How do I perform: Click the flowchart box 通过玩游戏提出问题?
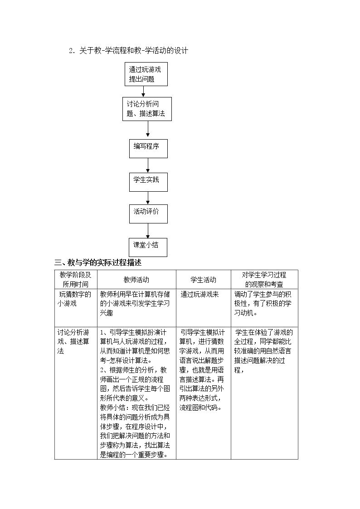[x=146, y=74]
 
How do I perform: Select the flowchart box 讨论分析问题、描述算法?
[x=147, y=109]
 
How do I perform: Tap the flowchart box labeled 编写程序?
[x=148, y=149]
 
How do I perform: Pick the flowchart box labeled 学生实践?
[x=148, y=182]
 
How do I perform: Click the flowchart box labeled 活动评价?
[x=148, y=214]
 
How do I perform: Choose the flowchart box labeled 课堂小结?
[x=148, y=247]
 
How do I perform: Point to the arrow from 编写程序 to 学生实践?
[x=148, y=165]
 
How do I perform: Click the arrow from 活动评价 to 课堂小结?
[x=148, y=231]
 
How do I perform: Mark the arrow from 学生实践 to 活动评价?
[x=148, y=198]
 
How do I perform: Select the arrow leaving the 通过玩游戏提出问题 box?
[x=143, y=92]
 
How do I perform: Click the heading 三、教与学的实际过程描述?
[x=98, y=262]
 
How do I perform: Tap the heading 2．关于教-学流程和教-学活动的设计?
[x=129, y=51]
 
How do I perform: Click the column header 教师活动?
[x=136, y=280]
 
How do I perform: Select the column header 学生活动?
[x=203, y=280]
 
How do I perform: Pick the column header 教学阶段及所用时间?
[x=75, y=280]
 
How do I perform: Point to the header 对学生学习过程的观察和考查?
[x=264, y=280]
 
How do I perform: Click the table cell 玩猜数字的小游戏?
[x=74, y=299]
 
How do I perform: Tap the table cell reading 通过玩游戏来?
[x=199, y=295]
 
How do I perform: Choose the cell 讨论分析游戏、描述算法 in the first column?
[x=73, y=341]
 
